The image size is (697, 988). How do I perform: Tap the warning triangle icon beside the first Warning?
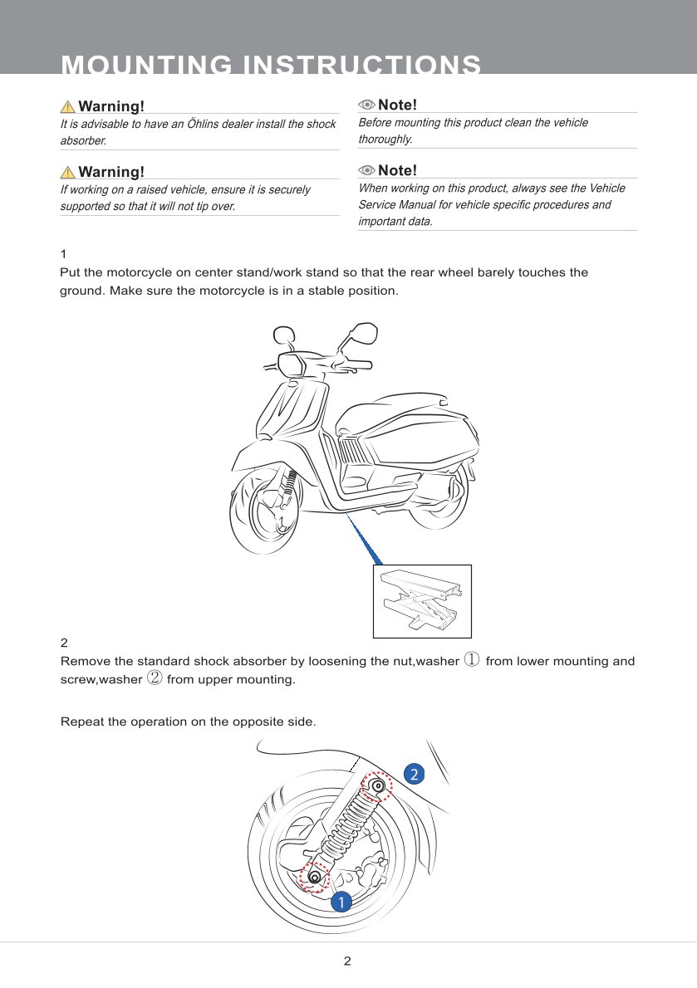click(x=68, y=106)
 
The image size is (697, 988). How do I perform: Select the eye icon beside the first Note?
click(x=366, y=105)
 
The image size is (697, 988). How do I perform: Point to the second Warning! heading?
click(x=110, y=172)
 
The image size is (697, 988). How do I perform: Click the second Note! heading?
click(x=397, y=170)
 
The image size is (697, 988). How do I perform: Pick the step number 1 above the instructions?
click(x=64, y=254)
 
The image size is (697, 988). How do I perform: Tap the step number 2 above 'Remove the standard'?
click(x=65, y=643)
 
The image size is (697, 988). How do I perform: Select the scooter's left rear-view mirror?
click(x=283, y=335)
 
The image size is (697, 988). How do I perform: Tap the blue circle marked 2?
click(x=414, y=774)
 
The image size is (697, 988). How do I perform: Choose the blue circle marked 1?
click(x=339, y=901)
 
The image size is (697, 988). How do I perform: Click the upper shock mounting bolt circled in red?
click(x=378, y=785)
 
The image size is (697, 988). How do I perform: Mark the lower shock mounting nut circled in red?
click(x=314, y=877)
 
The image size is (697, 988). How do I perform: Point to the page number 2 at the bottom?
click(x=348, y=961)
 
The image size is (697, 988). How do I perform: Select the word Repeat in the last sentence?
click(x=81, y=721)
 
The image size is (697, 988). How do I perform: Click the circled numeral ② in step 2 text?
click(x=155, y=679)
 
